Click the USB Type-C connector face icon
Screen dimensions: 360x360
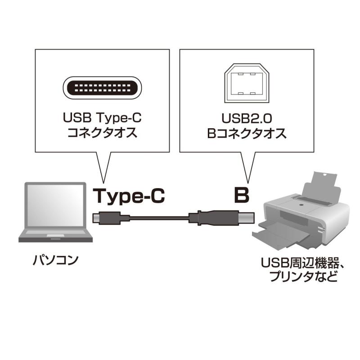click(x=103, y=88)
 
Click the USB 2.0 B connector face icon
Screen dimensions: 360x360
click(x=247, y=83)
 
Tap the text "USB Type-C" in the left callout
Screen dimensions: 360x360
click(x=102, y=118)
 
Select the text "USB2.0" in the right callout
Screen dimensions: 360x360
click(x=247, y=118)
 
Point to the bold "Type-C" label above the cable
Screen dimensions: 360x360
click(x=129, y=196)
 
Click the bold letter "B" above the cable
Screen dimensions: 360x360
click(x=241, y=195)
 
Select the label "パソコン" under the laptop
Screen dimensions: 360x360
click(x=55, y=261)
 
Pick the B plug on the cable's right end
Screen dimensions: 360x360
click(x=221, y=217)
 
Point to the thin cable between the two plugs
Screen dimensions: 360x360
click(x=159, y=218)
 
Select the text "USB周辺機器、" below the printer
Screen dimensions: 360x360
click(x=302, y=263)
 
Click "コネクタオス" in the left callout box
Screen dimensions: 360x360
click(x=103, y=133)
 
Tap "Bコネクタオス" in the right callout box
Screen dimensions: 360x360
click(x=247, y=133)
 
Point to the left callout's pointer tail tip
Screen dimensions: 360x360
click(x=104, y=183)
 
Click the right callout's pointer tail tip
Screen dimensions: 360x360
click(x=248, y=183)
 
